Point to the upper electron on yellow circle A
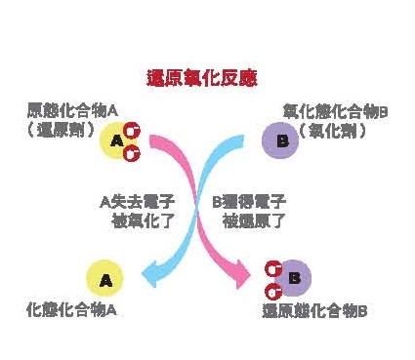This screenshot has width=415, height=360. click(131, 132)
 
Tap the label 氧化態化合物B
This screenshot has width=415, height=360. click(335, 112)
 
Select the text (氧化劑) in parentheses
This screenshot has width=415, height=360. click(338, 129)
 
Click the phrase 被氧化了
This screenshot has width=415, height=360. click(143, 220)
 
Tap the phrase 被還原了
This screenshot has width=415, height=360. click(253, 220)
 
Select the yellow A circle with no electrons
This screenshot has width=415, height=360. click(106, 279)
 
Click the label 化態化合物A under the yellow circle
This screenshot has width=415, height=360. click(71, 310)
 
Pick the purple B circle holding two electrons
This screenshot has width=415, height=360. click(292, 278)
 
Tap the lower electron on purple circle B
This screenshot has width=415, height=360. click(273, 290)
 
